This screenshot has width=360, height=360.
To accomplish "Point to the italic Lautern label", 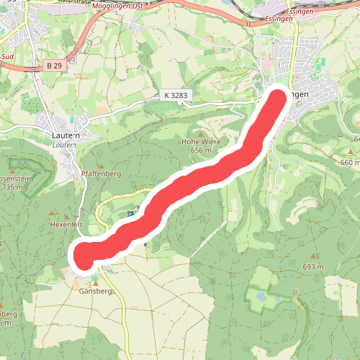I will pos(66,144).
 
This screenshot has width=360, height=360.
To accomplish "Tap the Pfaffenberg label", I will pos(100,174).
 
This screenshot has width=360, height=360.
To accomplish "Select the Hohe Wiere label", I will pos(200,142).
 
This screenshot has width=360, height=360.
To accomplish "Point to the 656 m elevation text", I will pos(201,150).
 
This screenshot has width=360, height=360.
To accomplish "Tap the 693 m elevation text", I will pos(313,267).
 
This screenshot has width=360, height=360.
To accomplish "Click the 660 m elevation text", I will pos(349,162).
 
